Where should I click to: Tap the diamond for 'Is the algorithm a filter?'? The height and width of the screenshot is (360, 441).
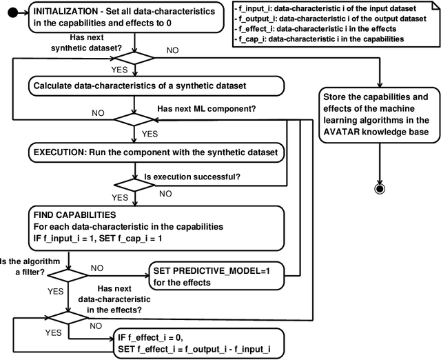68,274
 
